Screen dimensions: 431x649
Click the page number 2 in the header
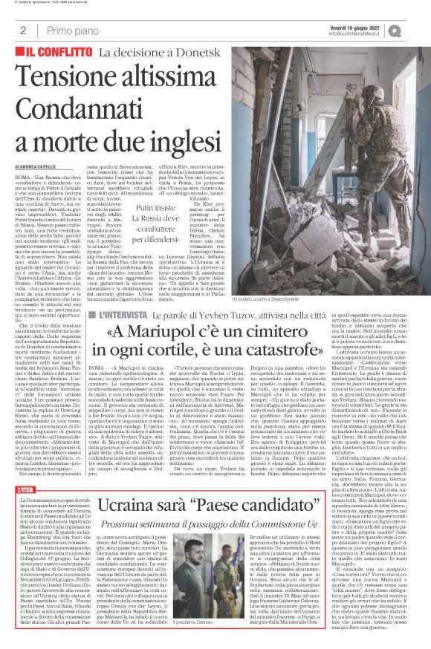point(24,30)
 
